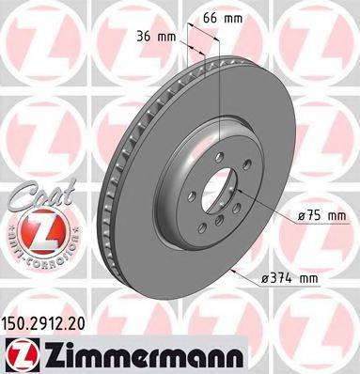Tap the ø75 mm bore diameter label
point(321,216)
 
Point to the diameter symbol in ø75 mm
point(302,217)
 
